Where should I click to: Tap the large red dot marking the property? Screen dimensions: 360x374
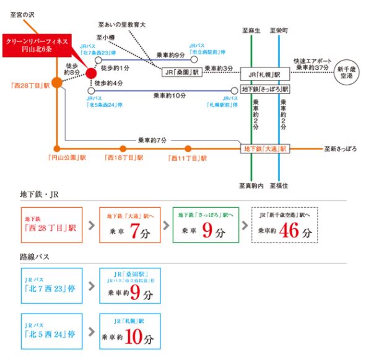pyautogui.click(x=91, y=73)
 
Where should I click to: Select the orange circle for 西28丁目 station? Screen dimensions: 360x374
pyautogui.click(x=57, y=81)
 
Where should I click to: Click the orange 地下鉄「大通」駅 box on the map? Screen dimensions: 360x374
pyautogui.click(x=265, y=148)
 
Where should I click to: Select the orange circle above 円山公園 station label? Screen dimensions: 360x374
pyautogui.click(x=57, y=148)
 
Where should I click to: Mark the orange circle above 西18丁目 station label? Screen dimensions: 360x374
pyautogui.click(x=123, y=148)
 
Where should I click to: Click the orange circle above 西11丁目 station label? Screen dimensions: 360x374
pyautogui.click(x=188, y=148)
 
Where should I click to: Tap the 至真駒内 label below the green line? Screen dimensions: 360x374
pyautogui.click(x=251, y=185)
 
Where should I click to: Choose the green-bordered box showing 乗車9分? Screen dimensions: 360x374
pyautogui.click(x=207, y=225)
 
